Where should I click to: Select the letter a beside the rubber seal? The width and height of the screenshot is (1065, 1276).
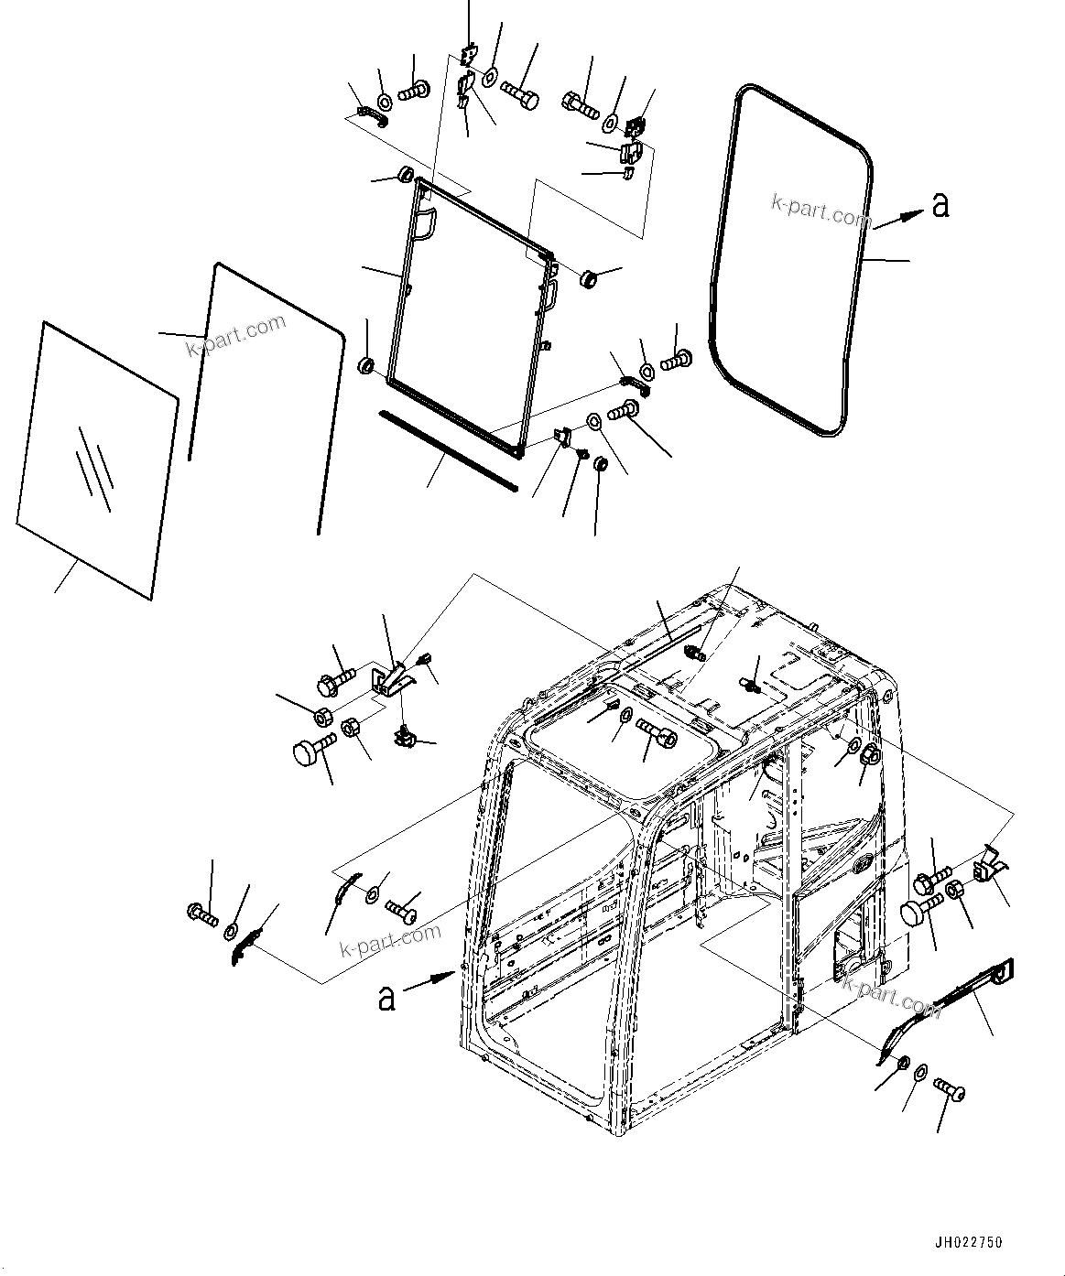(x=940, y=207)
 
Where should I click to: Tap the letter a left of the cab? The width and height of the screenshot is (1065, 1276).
(x=386, y=997)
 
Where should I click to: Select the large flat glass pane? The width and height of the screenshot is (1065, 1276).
(x=96, y=458)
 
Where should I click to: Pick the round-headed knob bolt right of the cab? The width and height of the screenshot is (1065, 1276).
(x=917, y=912)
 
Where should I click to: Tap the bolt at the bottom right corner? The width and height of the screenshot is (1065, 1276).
(x=949, y=1089)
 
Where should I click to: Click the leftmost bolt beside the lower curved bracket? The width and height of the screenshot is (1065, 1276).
(x=200, y=913)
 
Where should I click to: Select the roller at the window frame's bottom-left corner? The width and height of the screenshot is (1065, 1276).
(x=366, y=367)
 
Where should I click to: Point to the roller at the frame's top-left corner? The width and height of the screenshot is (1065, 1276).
(x=405, y=174)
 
